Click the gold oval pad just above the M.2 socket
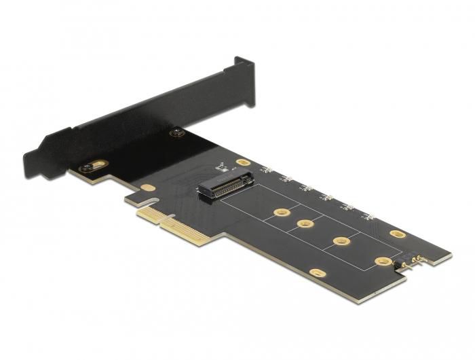tap(242, 163)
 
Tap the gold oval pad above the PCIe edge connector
tap(148, 187)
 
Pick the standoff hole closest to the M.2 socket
tap(278, 213)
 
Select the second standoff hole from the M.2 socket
tap(305, 223)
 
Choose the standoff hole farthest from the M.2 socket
tap(383, 261)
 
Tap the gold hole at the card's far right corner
tap(398, 234)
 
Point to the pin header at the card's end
tap(413, 260)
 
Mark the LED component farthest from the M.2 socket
tap(368, 217)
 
